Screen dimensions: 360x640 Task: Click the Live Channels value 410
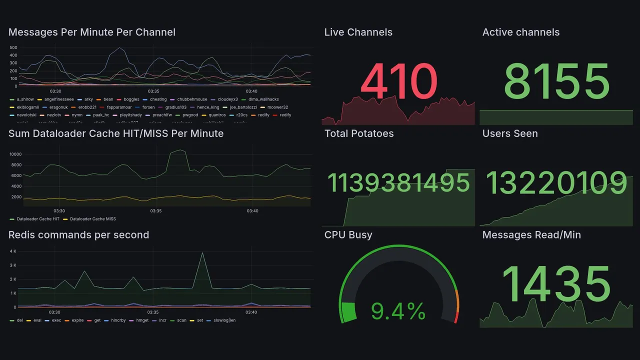398,81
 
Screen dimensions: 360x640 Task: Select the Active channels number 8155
556,81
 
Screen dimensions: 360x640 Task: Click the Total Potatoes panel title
359,133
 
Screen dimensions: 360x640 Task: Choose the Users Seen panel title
510,133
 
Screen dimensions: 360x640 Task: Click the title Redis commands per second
79,235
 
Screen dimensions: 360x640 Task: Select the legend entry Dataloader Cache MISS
93,219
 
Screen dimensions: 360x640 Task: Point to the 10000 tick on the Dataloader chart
15,154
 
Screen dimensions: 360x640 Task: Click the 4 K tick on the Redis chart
13,251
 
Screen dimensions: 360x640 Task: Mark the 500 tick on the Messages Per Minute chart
13,48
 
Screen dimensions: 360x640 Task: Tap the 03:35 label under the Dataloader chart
156,211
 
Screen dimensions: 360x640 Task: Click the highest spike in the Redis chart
202,253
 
